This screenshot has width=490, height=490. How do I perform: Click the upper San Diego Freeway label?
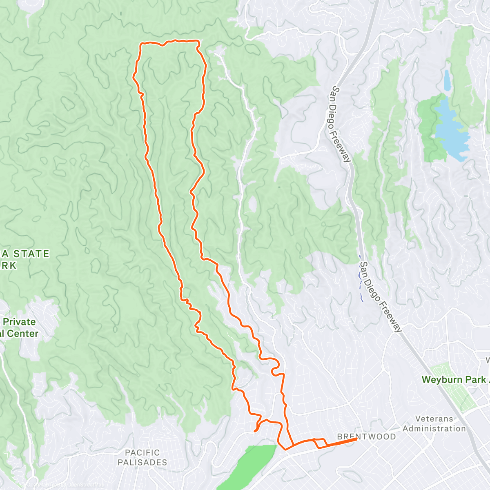[x=341, y=124]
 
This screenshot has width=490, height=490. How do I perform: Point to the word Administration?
[x=434, y=429]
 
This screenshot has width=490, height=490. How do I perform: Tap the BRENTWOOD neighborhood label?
[x=366, y=437]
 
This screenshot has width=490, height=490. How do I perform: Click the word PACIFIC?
[x=142, y=452]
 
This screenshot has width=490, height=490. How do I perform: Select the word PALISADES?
[x=142, y=462]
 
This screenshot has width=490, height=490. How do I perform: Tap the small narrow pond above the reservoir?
[x=447, y=80]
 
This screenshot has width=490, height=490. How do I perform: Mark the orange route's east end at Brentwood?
[x=357, y=439]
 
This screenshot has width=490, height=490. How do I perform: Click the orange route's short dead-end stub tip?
[x=255, y=430]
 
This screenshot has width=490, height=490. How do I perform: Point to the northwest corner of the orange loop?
[x=141, y=43]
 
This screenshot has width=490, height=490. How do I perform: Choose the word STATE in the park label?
[x=31, y=254]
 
